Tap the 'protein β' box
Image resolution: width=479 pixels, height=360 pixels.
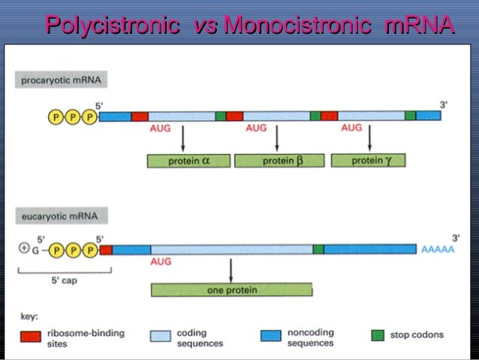click(x=279, y=161)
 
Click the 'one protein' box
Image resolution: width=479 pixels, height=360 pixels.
click(x=231, y=290)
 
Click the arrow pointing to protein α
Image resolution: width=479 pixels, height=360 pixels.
click(x=184, y=139)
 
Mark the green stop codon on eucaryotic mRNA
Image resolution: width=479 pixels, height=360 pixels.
click(x=318, y=250)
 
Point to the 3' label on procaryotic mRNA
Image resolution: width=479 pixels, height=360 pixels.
click(x=444, y=105)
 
